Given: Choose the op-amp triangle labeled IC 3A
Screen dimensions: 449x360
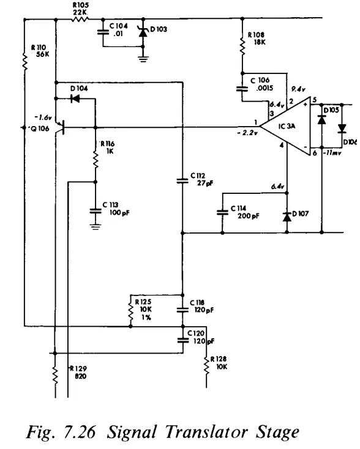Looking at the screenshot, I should click(x=282, y=127).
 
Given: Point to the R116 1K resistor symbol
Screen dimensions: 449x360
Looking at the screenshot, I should click(x=95, y=158).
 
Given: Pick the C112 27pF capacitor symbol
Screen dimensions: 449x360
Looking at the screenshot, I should click(x=182, y=180).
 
